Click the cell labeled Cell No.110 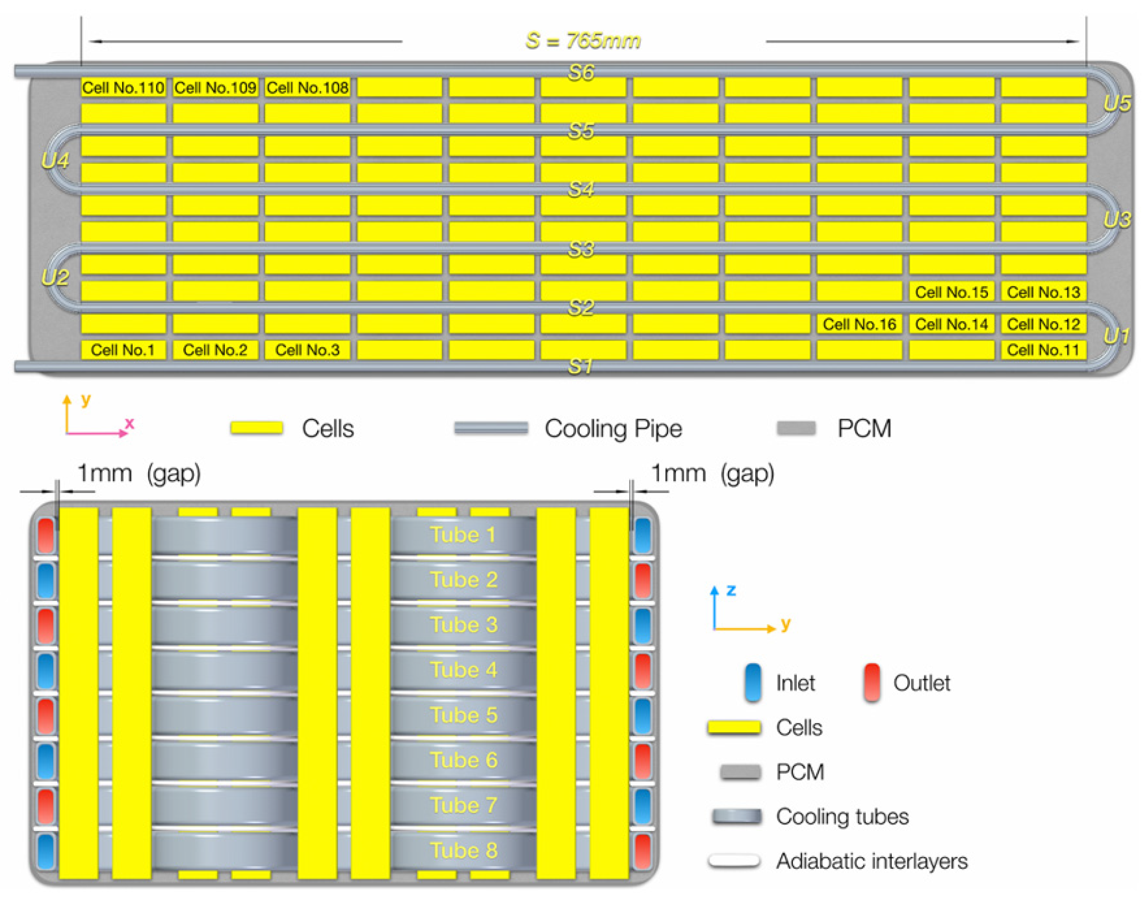123,87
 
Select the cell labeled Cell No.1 123,350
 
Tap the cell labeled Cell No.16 859,324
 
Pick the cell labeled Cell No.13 1043,292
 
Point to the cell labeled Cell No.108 307,87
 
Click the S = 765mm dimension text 583,41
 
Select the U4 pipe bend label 55,161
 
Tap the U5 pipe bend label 1117,103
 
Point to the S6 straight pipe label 581,72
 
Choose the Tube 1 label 463,534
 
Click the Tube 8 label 464,850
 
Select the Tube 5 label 464,715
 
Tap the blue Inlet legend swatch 752,682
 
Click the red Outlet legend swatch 872,682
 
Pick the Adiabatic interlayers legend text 871,861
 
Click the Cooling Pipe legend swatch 491,428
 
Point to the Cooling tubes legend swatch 737,816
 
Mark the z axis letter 731,590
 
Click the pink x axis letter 129,423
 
